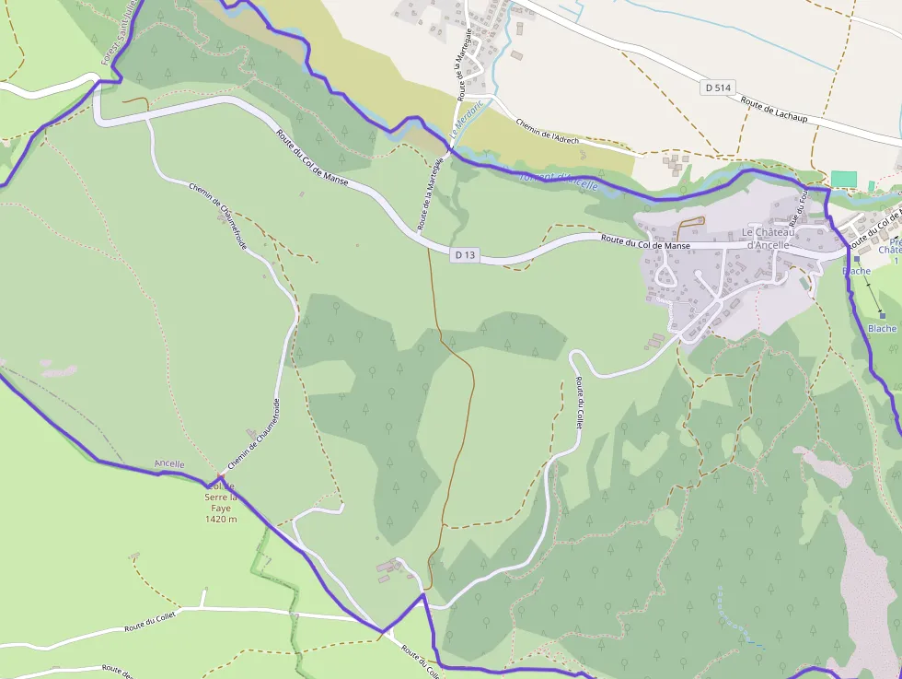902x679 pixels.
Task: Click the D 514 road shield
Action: [719, 88]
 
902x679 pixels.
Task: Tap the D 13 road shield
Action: [466, 254]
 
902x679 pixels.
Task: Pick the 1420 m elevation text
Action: [221, 519]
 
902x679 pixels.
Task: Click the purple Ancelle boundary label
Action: [169, 463]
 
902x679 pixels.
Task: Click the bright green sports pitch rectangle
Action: [843, 179]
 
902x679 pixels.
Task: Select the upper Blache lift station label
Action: [856, 271]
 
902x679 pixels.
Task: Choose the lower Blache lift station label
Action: [882, 328]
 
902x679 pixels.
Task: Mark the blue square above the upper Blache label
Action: [856, 260]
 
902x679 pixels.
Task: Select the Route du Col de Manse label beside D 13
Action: [645, 245]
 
